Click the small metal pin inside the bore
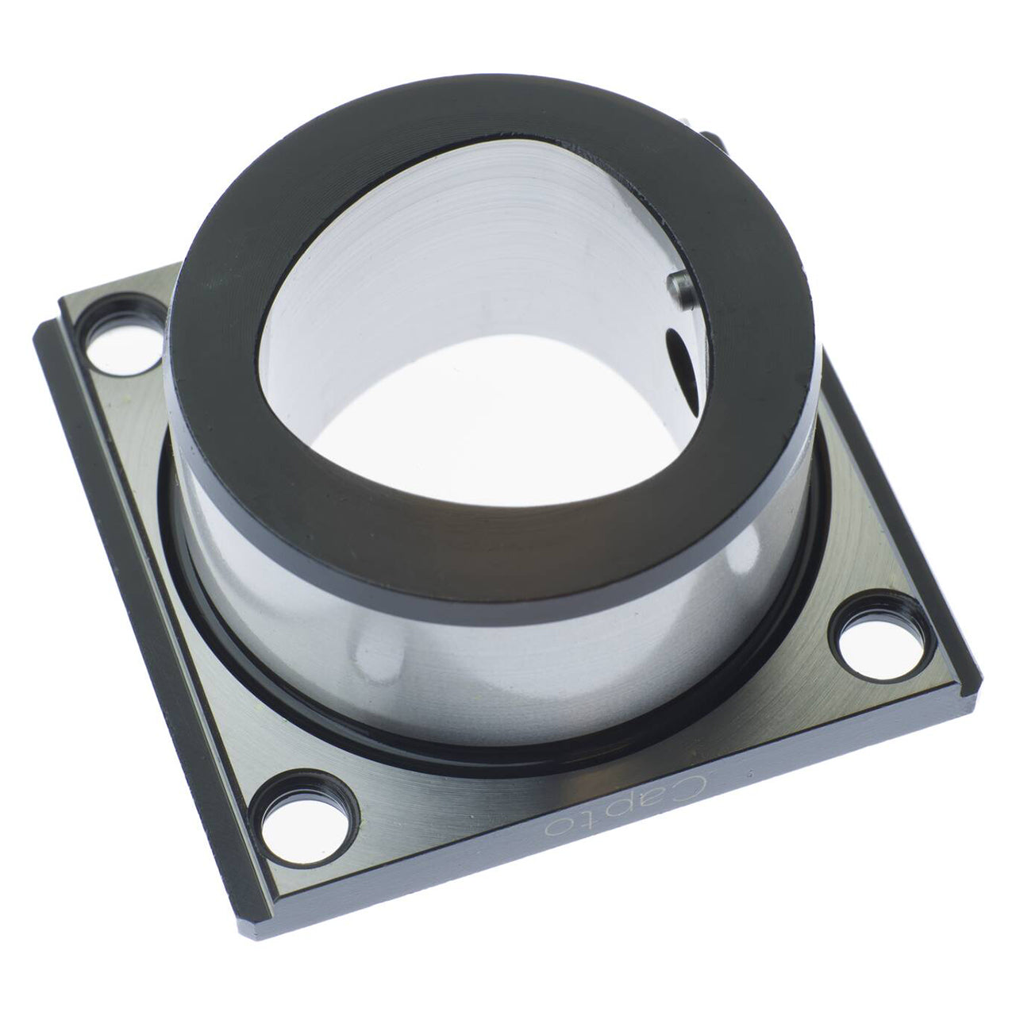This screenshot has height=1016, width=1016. (679, 290)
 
